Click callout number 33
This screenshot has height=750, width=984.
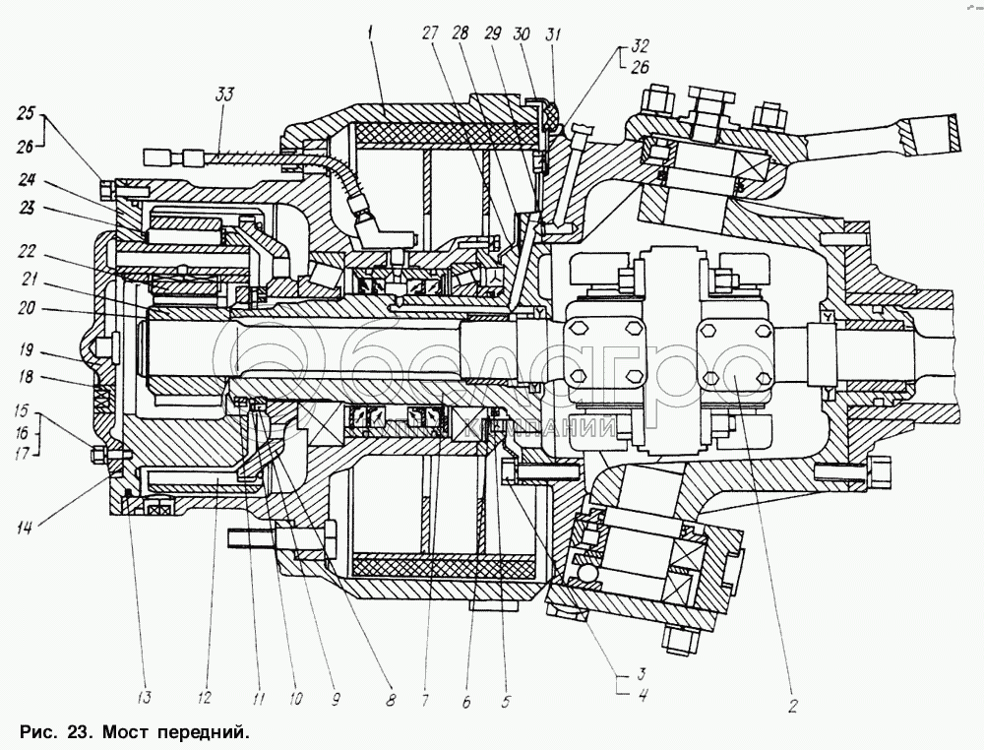click(x=225, y=94)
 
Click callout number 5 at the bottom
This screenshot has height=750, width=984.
click(x=507, y=703)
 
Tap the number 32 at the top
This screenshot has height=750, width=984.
click(x=642, y=45)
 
